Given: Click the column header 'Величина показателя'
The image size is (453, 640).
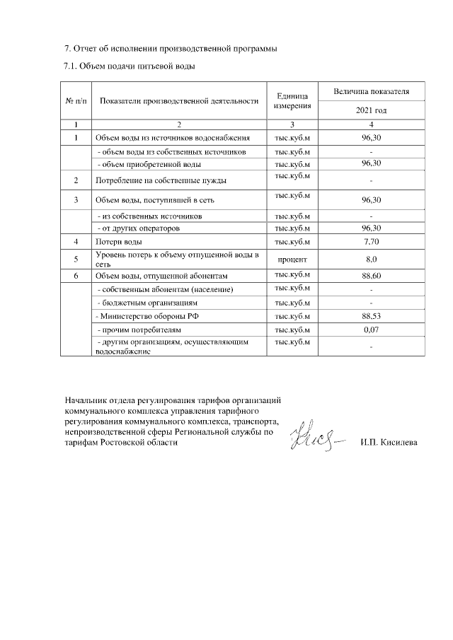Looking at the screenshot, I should tap(371, 92).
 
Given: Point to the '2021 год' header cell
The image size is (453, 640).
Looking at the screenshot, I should tap(371, 111).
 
